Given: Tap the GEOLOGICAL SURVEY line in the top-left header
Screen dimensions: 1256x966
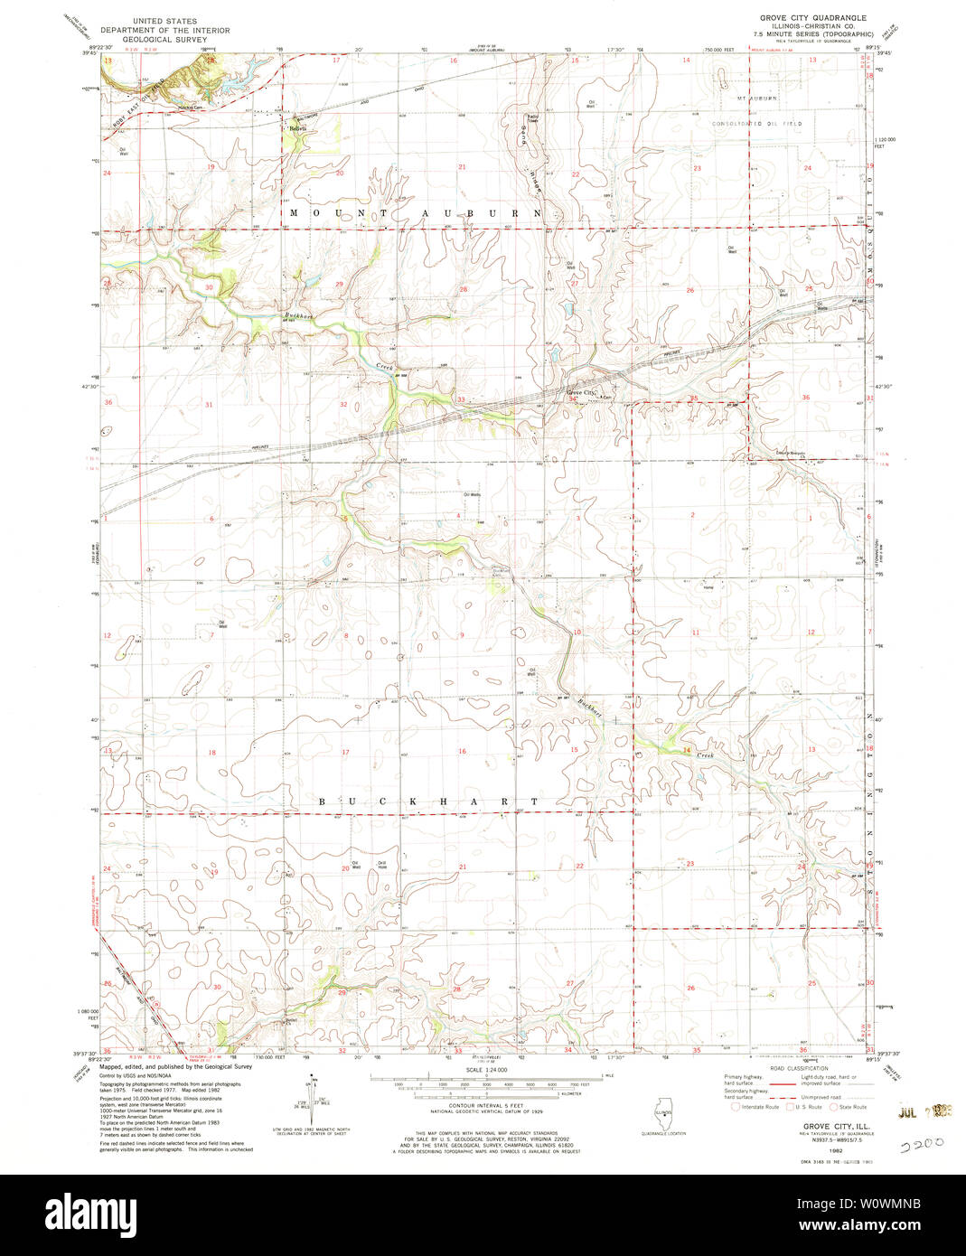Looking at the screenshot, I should (165, 39).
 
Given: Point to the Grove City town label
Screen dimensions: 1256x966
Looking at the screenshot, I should (581, 392).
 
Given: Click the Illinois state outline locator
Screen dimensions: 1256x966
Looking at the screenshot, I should (664, 1113).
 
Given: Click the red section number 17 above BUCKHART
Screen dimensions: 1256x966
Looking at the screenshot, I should (345, 752).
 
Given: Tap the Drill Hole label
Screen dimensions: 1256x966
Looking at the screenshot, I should (382, 865).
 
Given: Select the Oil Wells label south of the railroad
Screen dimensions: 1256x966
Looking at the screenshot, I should (472, 494).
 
